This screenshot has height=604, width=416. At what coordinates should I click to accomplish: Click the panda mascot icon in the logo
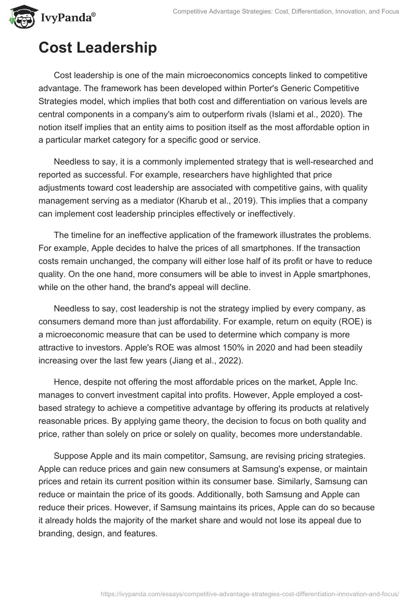(x=19, y=17)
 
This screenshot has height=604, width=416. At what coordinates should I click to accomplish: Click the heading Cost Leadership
(x=97, y=48)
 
